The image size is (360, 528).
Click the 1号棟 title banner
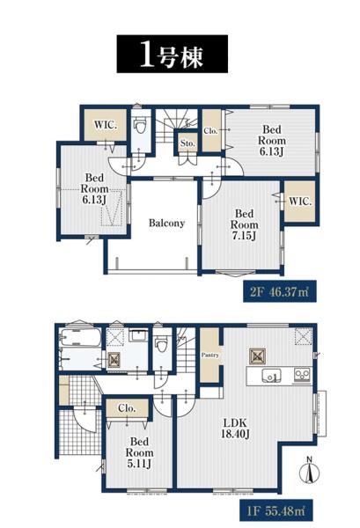(x=173, y=54)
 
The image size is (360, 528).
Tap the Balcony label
(x=166, y=223)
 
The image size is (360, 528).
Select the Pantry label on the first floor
(x=210, y=355)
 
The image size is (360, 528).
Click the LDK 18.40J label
(x=234, y=429)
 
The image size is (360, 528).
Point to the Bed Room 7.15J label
(x=244, y=224)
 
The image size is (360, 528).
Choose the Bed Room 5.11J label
(x=139, y=452)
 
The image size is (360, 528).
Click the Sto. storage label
(x=187, y=143)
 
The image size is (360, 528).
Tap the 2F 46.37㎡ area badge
(x=280, y=291)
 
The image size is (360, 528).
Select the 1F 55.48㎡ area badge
(x=276, y=510)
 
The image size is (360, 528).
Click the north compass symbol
(x=310, y=470)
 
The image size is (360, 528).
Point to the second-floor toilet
(x=140, y=126)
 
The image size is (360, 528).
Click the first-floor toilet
(x=161, y=344)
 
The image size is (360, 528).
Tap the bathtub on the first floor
(x=80, y=337)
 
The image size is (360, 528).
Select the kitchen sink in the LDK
(x=271, y=376)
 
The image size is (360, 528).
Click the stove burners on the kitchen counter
(x=302, y=375)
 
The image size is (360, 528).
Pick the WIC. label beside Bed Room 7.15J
(x=300, y=202)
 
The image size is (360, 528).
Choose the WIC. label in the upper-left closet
(x=106, y=125)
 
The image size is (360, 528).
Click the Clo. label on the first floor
(x=127, y=408)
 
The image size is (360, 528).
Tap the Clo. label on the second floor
(x=210, y=131)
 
